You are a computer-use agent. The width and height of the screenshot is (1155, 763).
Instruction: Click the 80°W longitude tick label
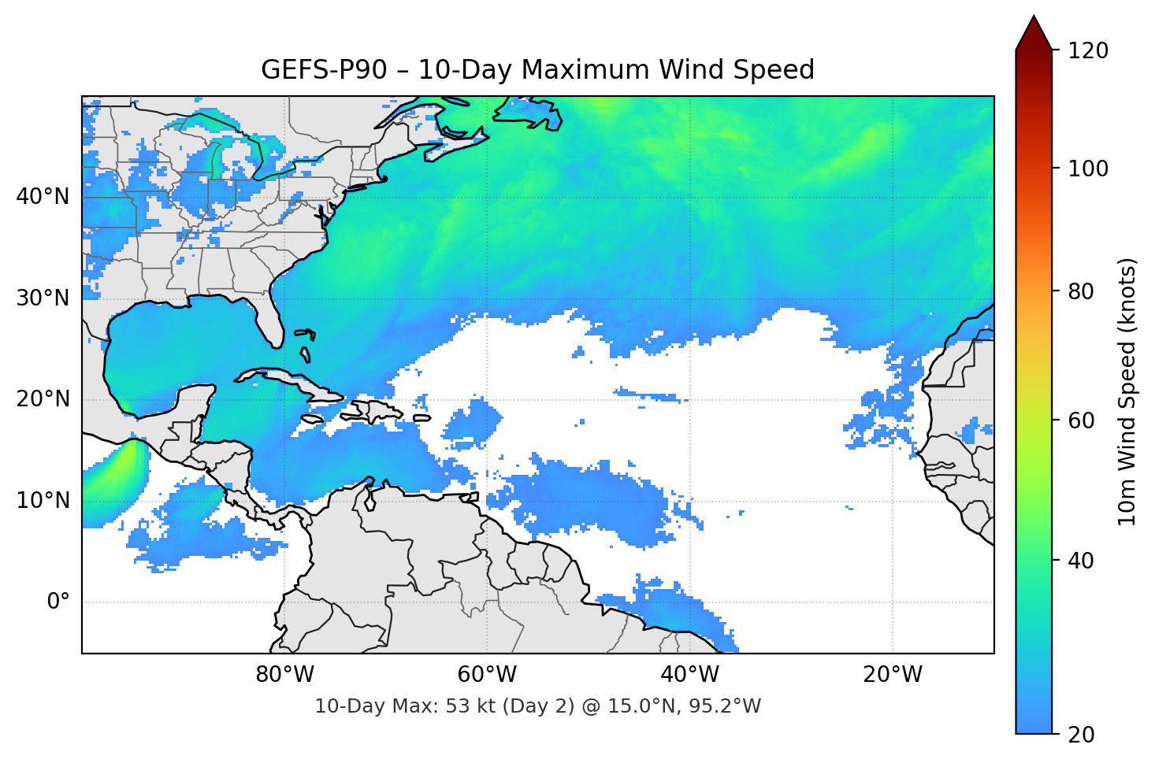284,675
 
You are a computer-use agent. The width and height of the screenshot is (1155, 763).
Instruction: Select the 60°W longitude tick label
487,675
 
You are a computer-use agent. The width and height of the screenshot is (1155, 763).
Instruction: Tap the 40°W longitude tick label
689,675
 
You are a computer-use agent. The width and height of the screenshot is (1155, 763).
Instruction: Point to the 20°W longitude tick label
892,675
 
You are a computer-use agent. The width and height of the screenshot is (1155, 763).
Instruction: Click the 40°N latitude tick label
43,197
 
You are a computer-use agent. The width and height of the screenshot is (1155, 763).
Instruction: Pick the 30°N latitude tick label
43,298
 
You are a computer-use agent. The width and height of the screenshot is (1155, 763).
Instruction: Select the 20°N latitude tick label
43,399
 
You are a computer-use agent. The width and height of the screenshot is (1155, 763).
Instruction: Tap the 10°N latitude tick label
43,501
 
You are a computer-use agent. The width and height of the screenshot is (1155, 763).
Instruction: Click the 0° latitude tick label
58,602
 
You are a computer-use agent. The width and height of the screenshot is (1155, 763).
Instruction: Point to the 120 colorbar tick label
1088,51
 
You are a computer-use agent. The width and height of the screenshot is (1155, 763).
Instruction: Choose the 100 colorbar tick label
1088,169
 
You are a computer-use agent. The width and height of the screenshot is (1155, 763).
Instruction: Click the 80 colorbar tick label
1082,291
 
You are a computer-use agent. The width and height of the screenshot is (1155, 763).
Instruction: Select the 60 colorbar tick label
1082,420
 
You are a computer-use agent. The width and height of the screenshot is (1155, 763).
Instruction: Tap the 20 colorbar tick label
1082,735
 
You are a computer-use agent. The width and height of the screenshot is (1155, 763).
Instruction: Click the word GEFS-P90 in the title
324,70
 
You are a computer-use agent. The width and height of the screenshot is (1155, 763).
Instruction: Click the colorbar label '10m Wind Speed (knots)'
1127,391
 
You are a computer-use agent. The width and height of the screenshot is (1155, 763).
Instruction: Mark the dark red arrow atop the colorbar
1034,35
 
